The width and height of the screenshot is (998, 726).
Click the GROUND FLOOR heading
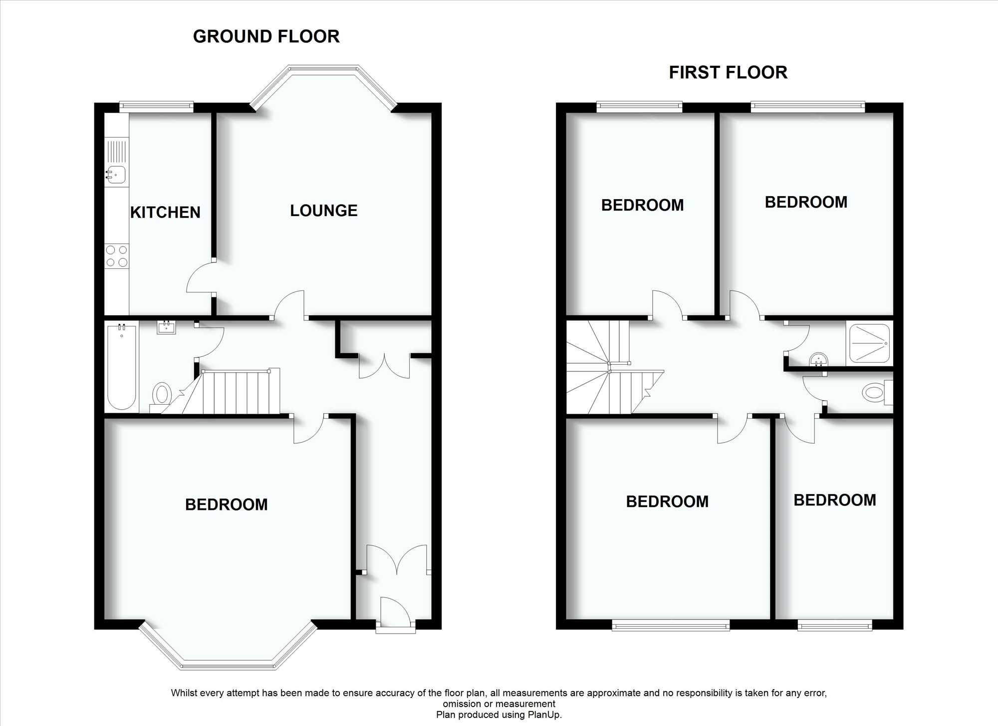click(266, 36)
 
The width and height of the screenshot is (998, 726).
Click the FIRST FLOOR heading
click(728, 72)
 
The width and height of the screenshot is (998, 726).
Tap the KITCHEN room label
click(165, 213)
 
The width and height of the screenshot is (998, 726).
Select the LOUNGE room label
click(324, 211)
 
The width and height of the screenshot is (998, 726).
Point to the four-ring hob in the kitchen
click(117, 256)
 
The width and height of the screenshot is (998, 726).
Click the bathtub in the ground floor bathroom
click(122, 367)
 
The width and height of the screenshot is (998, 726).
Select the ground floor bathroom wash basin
click(166, 327)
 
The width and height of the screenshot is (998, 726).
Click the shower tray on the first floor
click(870, 343)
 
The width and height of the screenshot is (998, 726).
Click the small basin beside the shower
click(819, 359)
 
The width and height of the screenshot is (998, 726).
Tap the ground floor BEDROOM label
click(227, 504)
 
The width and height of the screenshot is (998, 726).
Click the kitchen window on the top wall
click(156, 106)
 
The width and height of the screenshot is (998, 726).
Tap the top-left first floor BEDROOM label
click(643, 205)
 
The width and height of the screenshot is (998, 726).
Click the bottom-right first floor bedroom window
click(835, 625)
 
